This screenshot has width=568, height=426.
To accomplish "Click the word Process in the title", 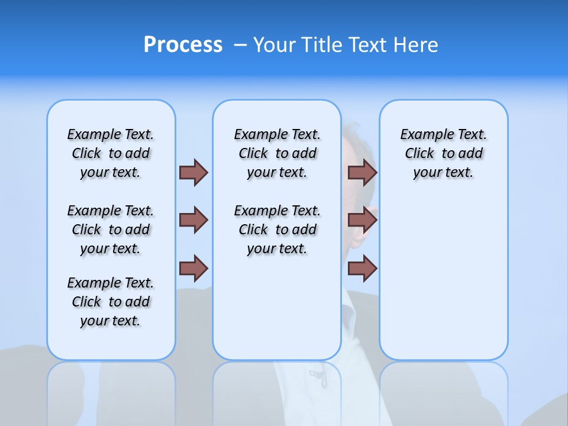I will [x=183, y=45].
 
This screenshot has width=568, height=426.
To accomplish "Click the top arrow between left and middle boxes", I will [x=193, y=172].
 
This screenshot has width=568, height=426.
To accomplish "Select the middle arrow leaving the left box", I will [x=193, y=220].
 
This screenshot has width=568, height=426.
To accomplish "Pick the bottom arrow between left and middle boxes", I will [x=193, y=269].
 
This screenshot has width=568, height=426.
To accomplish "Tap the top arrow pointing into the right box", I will [x=362, y=172].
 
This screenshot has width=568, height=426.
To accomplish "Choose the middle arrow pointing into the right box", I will [x=362, y=220].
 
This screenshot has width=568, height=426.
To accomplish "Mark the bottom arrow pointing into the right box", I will [x=362, y=269].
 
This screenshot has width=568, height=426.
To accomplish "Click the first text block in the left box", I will [x=111, y=153].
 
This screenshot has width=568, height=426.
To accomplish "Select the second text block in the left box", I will [x=111, y=230].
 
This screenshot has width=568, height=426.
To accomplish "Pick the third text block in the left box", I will [x=111, y=302].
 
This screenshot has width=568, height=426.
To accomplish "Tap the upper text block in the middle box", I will [x=277, y=153].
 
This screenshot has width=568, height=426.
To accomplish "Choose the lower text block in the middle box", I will [x=277, y=230].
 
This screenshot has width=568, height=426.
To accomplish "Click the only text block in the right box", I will [x=443, y=153].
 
